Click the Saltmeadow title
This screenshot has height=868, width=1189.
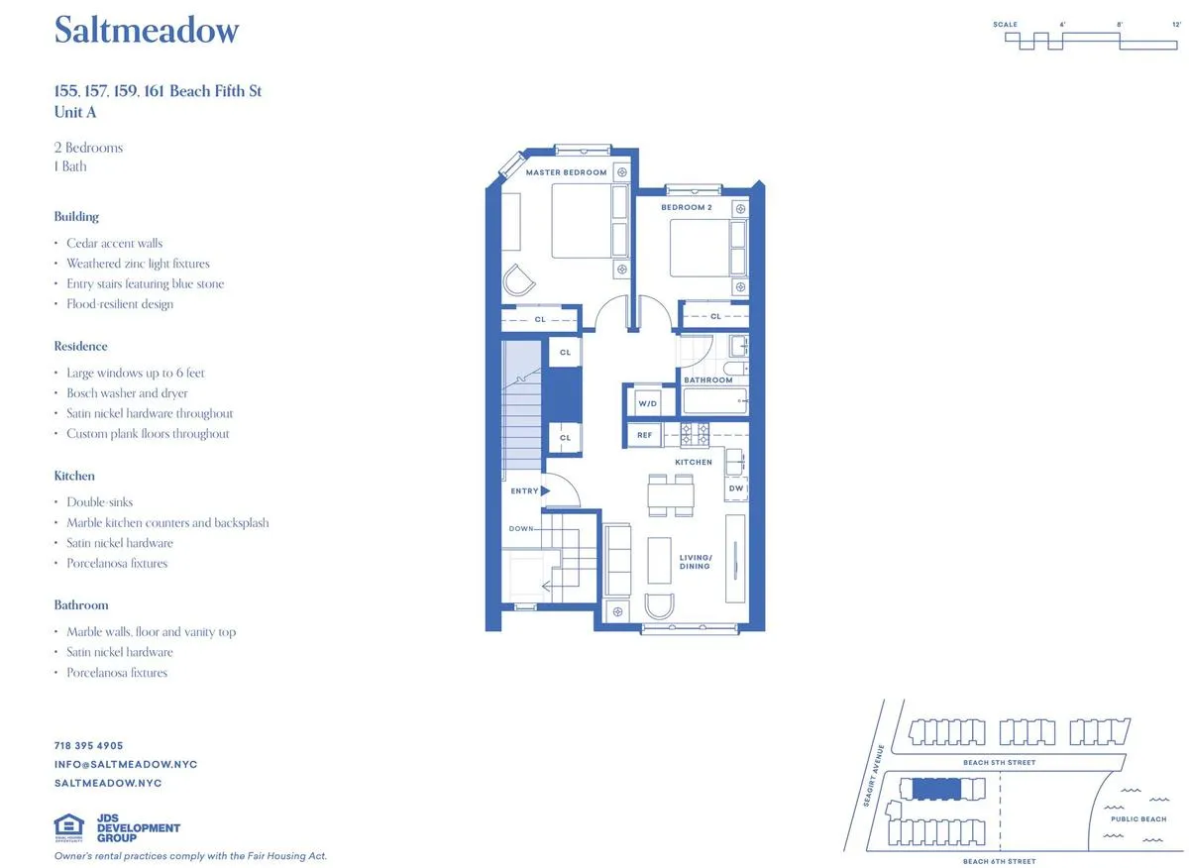pos(147,31)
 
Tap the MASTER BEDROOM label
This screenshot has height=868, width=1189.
pos(566,172)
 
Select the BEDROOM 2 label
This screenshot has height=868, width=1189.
pos(687,207)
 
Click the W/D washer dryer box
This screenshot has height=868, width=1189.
pos(648,402)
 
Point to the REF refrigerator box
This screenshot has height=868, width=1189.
pos(645,434)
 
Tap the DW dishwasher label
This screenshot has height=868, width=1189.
pos(735,488)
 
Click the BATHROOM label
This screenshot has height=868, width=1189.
pos(708,380)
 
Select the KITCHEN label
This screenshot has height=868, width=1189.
pos(694,462)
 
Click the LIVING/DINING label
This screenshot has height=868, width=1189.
pos(695,561)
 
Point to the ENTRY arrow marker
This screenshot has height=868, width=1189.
pos(545,490)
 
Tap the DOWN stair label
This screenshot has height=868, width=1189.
pos(521,528)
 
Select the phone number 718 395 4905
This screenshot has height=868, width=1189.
pos(88,745)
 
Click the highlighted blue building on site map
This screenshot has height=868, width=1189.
pos(936,789)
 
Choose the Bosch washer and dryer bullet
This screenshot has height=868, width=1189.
pos(127,393)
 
